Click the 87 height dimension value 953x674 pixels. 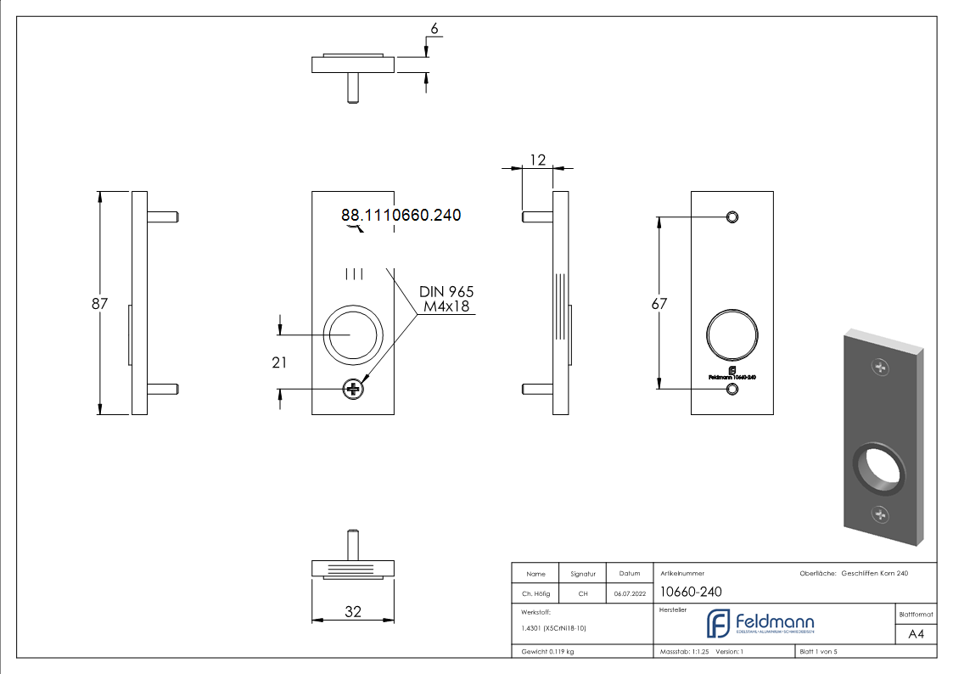(x=99, y=303)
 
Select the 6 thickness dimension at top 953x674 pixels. (x=434, y=29)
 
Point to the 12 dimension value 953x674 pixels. (x=537, y=159)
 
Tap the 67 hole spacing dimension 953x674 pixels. (x=659, y=303)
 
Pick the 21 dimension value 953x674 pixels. (x=279, y=362)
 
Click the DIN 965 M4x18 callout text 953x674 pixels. (x=446, y=299)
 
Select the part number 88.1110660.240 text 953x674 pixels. (x=401, y=216)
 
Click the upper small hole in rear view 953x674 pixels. (x=732, y=216)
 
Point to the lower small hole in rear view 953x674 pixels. (x=732, y=389)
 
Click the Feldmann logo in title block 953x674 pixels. (x=760, y=624)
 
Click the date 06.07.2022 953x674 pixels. (x=628, y=594)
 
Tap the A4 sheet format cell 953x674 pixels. (x=916, y=634)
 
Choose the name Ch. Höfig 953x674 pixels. (x=535, y=594)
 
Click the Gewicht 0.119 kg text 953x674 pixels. (x=547, y=652)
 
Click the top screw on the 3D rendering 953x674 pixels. (x=882, y=368)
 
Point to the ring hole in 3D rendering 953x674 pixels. (x=877, y=468)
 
